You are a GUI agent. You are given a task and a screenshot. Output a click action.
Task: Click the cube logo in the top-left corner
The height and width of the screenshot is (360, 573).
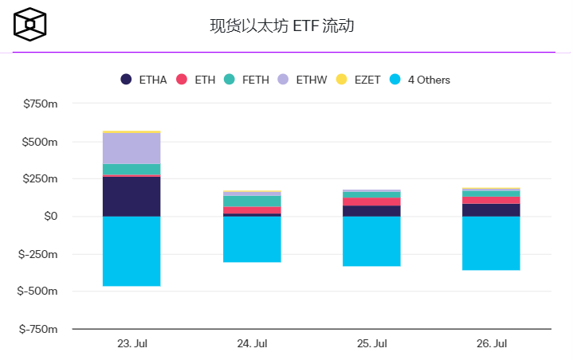(x=30, y=25)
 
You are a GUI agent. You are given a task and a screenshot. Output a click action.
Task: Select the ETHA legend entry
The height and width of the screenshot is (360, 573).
(x=144, y=80)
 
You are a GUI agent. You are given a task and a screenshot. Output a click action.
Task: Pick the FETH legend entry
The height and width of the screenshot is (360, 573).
(x=247, y=80)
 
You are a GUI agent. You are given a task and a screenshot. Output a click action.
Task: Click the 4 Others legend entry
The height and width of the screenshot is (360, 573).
(x=419, y=80)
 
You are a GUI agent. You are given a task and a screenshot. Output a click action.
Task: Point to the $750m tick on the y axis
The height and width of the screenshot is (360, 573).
(x=41, y=104)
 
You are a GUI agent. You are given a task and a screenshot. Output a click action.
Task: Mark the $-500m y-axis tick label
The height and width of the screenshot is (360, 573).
(x=38, y=292)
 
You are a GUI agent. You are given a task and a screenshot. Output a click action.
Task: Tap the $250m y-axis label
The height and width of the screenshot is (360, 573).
(x=41, y=179)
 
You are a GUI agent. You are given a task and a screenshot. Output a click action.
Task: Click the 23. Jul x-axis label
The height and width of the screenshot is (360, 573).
(x=132, y=344)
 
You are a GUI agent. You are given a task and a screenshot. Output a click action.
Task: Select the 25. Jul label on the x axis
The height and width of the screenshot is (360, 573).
(x=371, y=344)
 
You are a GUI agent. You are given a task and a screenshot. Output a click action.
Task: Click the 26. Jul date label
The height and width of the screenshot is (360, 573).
(x=491, y=344)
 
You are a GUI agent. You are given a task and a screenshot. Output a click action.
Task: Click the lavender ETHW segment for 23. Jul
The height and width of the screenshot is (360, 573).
(x=131, y=148)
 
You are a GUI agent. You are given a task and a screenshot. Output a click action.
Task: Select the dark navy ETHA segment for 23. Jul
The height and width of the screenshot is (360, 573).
(x=131, y=196)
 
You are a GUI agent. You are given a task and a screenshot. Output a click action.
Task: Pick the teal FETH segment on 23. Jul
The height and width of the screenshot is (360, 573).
(x=131, y=169)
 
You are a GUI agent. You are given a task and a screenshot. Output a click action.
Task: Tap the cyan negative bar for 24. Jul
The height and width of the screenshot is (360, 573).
(x=252, y=239)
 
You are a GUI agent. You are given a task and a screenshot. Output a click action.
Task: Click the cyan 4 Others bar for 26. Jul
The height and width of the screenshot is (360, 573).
(x=491, y=243)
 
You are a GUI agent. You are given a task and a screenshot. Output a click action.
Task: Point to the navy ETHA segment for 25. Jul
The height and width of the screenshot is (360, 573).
(x=371, y=211)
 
